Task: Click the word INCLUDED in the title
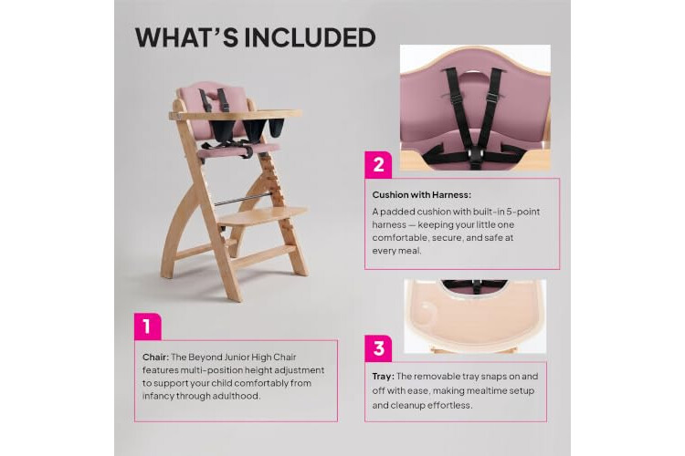310,37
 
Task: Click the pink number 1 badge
147,326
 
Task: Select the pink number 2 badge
378,164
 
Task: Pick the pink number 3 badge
378,348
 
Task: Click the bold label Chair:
155,357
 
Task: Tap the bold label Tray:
383,376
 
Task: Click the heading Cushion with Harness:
422,195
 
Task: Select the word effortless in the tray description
449,405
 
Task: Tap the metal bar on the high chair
243,200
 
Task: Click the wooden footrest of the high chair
262,216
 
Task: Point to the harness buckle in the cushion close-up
474,154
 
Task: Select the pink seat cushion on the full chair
238,150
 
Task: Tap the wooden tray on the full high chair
235,115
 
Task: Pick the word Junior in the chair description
237,357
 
